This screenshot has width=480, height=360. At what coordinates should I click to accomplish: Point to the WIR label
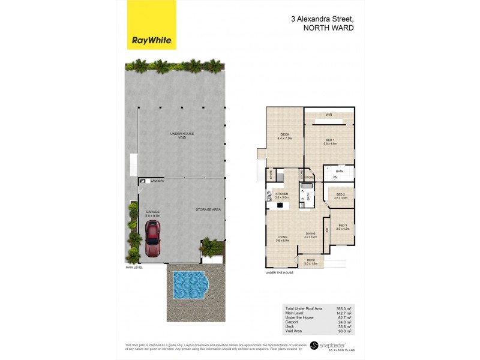tap(329, 115)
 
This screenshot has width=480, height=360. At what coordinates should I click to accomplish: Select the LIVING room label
tap(282, 238)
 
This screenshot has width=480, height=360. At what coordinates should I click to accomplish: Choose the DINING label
tap(310, 235)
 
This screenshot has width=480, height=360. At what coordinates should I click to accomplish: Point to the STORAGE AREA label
tap(208, 209)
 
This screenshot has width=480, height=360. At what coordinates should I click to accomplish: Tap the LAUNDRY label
tap(157, 181)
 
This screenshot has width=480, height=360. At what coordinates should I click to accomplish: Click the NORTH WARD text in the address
tap(328, 28)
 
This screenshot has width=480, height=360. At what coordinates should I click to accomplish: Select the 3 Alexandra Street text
tap(322, 19)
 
